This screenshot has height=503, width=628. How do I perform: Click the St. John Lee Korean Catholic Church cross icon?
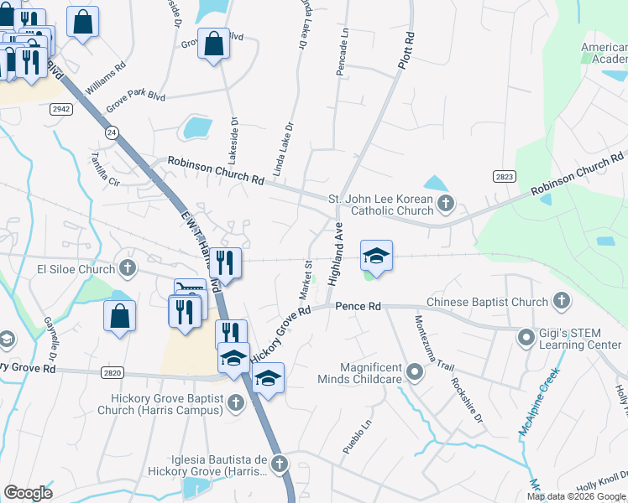click(x=446, y=202)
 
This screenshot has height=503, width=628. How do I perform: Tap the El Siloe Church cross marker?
click(x=127, y=269)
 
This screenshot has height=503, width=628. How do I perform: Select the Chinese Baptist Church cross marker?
click(x=560, y=302)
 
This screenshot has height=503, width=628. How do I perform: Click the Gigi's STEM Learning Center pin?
click(x=526, y=338)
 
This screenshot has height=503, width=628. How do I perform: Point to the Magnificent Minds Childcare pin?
click(x=413, y=371)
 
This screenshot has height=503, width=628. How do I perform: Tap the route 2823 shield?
click(x=505, y=176)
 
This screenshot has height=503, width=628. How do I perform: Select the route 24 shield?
click(x=111, y=132)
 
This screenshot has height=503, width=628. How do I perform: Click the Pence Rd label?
click(x=358, y=307)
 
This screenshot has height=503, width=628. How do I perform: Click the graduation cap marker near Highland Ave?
click(x=377, y=255)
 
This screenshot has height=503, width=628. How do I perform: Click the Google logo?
click(x=29, y=493)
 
